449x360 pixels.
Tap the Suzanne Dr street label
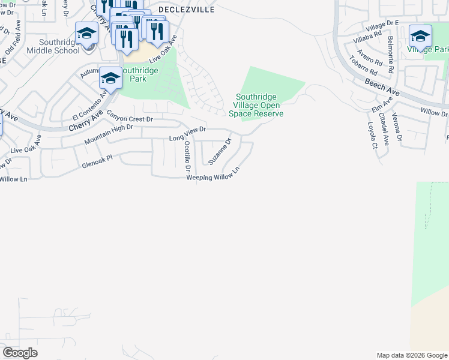[x=220, y=152]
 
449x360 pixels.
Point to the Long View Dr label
[x=187, y=134]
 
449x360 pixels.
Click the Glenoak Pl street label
[x=97, y=160]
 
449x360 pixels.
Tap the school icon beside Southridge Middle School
[x=87, y=34]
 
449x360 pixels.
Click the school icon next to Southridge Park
[x=110, y=77]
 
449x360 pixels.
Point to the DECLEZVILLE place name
[x=187, y=10]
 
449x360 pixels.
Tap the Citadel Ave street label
[x=385, y=131]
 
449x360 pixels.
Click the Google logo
[x=20, y=353]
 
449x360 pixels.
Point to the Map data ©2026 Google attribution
[x=412, y=355]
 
